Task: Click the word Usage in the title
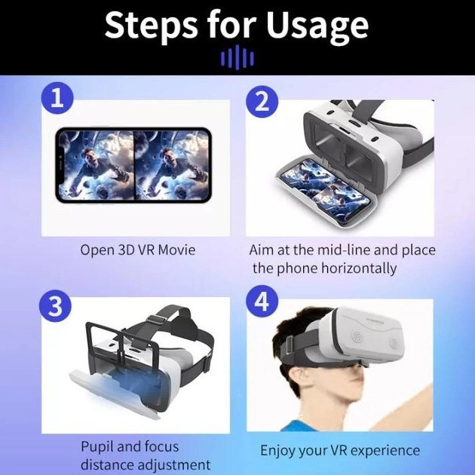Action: pyautogui.click(x=317, y=26)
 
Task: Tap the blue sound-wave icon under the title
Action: pyautogui.click(x=237, y=57)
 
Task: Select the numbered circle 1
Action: pyautogui.click(x=57, y=98)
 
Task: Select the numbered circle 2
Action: pyautogui.click(x=262, y=102)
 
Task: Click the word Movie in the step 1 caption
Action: pyautogui.click(x=176, y=250)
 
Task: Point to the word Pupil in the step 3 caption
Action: pyautogui.click(x=97, y=447)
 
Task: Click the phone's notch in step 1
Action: pyautogui.click(x=60, y=165)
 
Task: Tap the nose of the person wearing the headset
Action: pyautogui.click(x=360, y=374)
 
